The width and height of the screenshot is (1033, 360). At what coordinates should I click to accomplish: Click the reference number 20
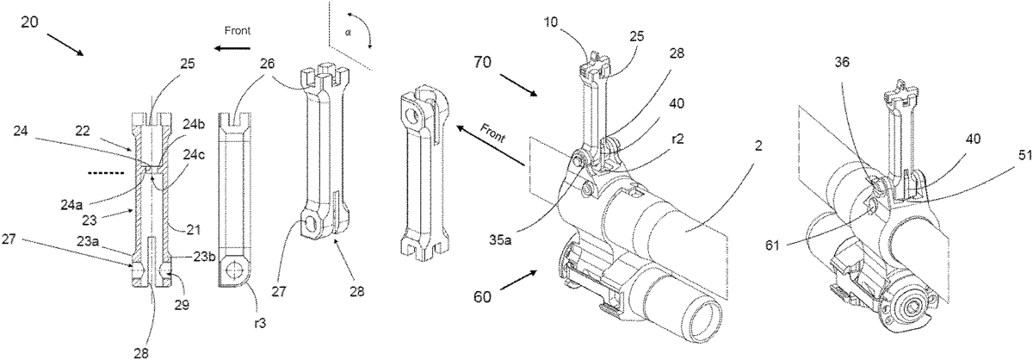coord(31,22)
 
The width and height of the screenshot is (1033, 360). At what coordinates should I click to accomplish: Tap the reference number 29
coord(182,305)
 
